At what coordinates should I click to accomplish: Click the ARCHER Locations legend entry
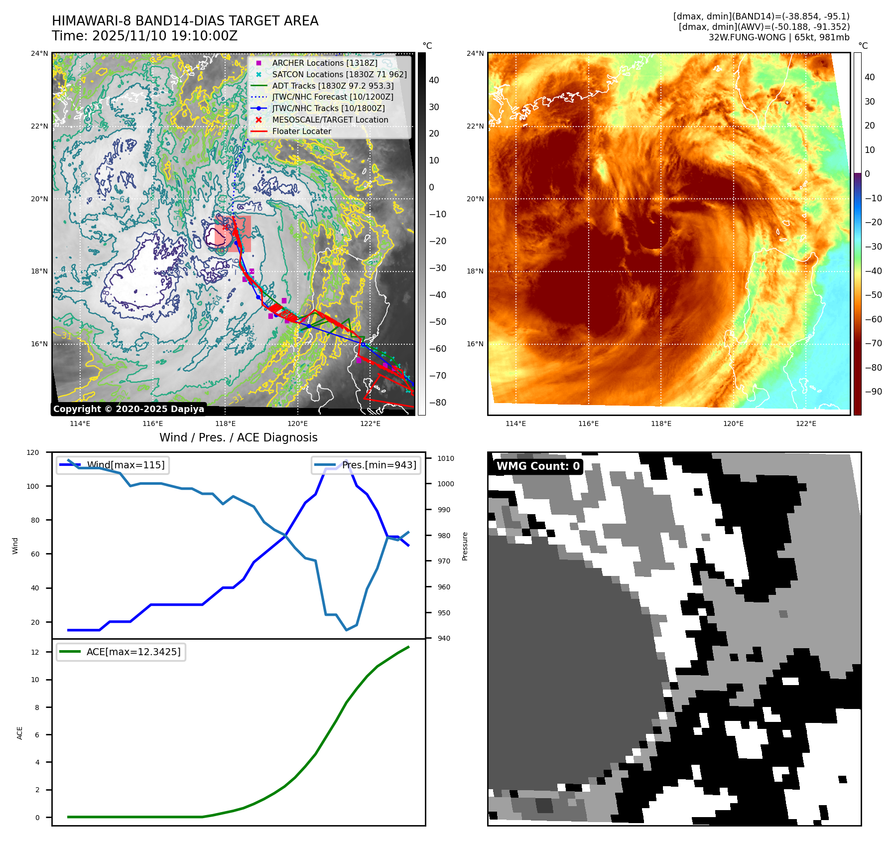pyautogui.click(x=324, y=63)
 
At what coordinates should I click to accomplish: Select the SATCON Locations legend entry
pyautogui.click(x=339, y=74)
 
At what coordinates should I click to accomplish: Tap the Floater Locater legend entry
pyautogui.click(x=301, y=131)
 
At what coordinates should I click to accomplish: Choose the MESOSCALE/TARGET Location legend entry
pyautogui.click(x=330, y=120)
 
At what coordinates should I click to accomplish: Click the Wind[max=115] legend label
pyautogui.click(x=126, y=465)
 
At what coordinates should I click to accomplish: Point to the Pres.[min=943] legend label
pyautogui.click(x=379, y=465)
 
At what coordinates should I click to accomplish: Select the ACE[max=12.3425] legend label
pyautogui.click(x=133, y=652)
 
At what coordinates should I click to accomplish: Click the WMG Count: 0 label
pyautogui.click(x=538, y=466)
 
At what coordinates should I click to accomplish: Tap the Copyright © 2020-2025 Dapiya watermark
pyautogui.click(x=128, y=409)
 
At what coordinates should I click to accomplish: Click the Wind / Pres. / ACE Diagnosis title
pyautogui.click(x=238, y=437)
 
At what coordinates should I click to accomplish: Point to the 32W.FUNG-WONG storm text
pyautogui.click(x=779, y=37)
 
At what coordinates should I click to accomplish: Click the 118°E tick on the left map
pyautogui.click(x=225, y=423)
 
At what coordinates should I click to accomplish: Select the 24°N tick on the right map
pyautogui.click(x=475, y=53)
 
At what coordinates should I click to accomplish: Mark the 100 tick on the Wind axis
pyautogui.click(x=33, y=486)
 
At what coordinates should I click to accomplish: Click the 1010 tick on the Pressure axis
pyautogui.click(x=446, y=458)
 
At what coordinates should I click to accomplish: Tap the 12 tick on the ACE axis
pyautogui.click(x=35, y=652)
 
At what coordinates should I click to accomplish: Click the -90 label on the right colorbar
pyautogui.click(x=873, y=392)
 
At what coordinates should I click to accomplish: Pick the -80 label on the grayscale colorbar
pyautogui.click(x=438, y=403)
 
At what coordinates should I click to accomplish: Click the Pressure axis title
pyautogui.click(x=465, y=546)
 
